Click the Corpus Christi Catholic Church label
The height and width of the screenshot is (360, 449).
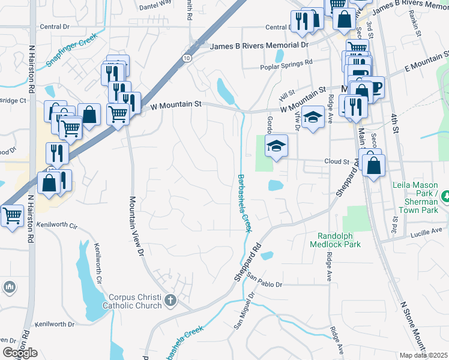(135, 301)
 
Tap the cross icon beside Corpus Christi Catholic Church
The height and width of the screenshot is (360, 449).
(170, 300)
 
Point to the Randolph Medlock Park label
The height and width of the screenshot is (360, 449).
(336, 240)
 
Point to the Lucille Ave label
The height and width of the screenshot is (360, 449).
(427, 230)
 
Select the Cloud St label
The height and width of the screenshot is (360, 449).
(337, 161)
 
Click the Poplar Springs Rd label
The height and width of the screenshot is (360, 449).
(286, 62)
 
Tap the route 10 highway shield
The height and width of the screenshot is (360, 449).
(188, 58)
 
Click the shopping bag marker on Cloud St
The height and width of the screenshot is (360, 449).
(373, 166)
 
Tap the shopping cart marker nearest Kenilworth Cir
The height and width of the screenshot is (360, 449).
(11, 215)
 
